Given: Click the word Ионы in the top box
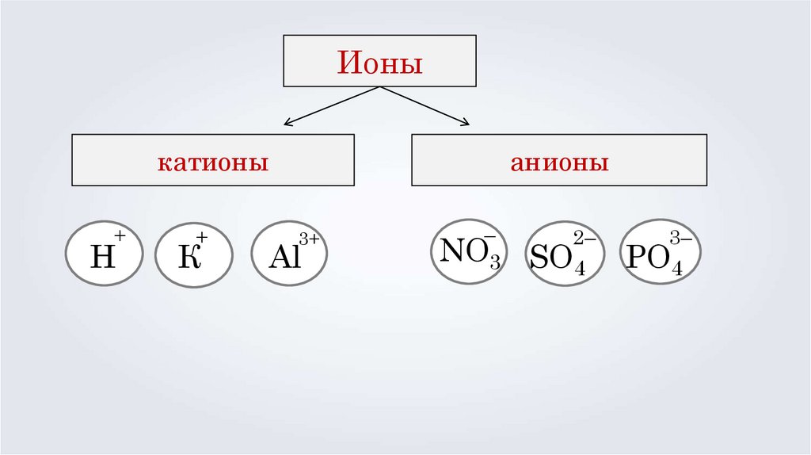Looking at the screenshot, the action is pyautogui.click(x=380, y=61).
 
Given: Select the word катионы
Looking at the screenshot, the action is pyautogui.click(x=212, y=163).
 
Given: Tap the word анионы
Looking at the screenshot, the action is pyautogui.click(x=559, y=163).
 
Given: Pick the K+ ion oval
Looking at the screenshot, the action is pyautogui.click(x=194, y=254).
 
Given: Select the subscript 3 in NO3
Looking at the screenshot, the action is pyautogui.click(x=494, y=264).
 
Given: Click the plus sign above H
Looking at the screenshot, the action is pyautogui.click(x=120, y=235).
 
